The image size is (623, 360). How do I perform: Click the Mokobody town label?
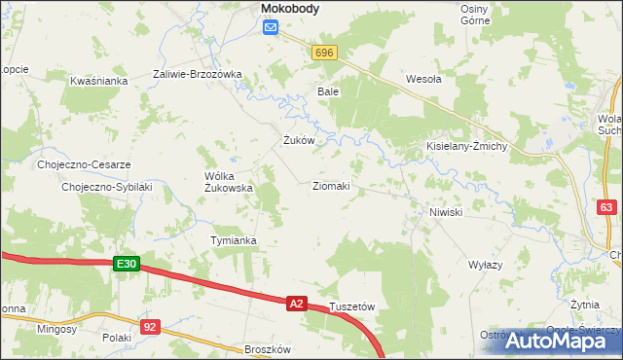click(291, 9)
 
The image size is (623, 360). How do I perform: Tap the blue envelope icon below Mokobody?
click(271, 28)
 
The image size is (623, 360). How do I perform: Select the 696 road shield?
click(325, 53)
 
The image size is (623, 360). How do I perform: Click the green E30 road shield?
click(127, 264)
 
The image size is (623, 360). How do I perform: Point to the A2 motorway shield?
click(298, 305)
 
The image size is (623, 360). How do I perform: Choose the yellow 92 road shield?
click(149, 327)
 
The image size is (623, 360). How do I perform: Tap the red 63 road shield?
click(607, 207)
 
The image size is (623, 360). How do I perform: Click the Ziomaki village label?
click(331, 185)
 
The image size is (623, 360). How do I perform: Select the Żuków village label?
click(298, 140)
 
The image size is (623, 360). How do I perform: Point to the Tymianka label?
click(234, 240)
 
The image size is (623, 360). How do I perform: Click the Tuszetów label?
click(352, 306)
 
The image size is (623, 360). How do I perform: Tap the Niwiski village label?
click(445, 212)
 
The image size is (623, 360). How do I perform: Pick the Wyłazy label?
click(485, 265)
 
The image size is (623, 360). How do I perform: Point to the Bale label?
click(327, 91)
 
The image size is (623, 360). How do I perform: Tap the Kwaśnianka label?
click(99, 81)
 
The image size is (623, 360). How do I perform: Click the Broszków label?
click(268, 348)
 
